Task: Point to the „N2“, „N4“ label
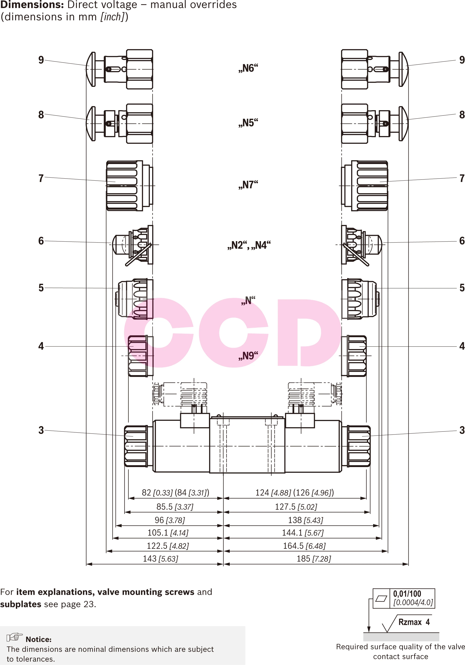point(249,245)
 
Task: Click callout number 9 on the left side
point(41,60)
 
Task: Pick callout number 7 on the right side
point(462,178)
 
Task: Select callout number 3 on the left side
point(41,430)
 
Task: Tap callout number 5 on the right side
point(462,288)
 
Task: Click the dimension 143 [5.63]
point(160,559)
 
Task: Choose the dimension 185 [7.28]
point(314,559)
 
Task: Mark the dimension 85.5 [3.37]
point(175,507)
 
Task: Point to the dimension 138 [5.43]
point(305,520)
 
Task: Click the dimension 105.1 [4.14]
point(168,533)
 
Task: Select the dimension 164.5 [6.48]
point(304,546)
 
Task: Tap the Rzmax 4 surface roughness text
point(414,622)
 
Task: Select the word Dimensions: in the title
point(32,5)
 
